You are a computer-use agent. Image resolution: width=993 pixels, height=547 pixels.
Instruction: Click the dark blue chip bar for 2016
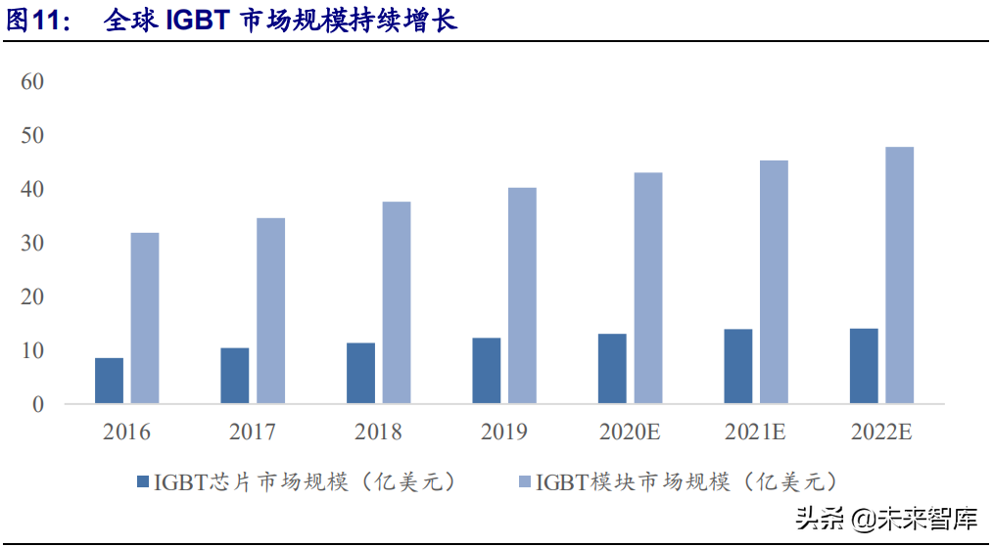coord(110,381)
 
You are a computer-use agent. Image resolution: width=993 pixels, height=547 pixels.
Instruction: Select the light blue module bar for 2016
coord(145,318)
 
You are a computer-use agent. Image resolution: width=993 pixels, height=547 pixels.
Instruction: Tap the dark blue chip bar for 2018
coord(360,373)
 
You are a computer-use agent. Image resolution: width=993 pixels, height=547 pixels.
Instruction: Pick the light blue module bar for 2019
coord(522,296)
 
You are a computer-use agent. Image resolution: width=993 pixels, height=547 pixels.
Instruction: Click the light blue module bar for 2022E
coord(899,275)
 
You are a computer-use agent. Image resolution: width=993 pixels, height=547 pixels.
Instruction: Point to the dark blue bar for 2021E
coord(738,366)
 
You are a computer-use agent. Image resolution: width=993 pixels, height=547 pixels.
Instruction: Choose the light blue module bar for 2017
coord(271,310)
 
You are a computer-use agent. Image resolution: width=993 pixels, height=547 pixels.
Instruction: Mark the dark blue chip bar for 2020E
coord(612,369)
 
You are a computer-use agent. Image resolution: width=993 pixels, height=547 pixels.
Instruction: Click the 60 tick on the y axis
coord(33,80)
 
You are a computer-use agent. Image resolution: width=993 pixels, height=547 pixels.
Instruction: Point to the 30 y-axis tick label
coord(33,243)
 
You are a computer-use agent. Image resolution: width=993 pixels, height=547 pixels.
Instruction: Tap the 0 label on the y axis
coord(39,404)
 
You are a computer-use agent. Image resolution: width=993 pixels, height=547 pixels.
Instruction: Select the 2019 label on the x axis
coord(504,433)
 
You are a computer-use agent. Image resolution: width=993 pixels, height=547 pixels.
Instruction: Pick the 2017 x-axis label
coord(253,433)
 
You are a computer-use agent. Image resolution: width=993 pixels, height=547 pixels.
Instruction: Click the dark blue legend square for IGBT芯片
coord(142,481)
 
